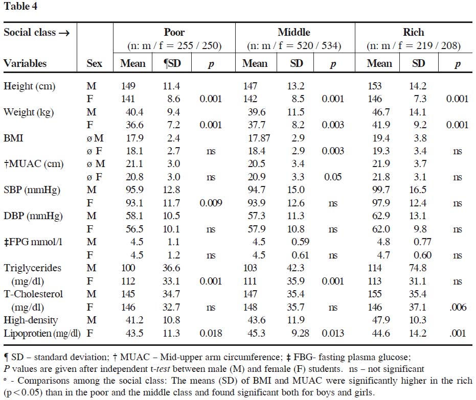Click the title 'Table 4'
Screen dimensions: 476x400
[20, 6]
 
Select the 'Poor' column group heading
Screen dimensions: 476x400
[174, 32]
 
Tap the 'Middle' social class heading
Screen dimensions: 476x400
[294, 32]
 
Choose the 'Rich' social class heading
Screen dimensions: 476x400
[414, 32]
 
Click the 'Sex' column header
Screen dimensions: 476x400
[94, 63]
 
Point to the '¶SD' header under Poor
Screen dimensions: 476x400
[172, 63]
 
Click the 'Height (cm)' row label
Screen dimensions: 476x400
[30, 86]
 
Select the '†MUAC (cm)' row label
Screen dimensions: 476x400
[33, 164]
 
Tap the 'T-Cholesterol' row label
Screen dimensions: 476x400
[33, 294]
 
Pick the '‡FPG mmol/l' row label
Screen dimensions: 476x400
[33, 242]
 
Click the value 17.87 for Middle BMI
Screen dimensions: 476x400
[259, 138]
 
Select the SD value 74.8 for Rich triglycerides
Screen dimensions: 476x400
[418, 268]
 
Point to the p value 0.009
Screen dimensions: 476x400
[211, 203]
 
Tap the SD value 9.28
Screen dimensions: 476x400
[300, 333]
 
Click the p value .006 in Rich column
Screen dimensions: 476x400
[458, 307]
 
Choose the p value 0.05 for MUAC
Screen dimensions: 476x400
[333, 177]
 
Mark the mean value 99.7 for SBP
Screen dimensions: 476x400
[381, 190]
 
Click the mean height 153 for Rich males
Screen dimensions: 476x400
[375, 86]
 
